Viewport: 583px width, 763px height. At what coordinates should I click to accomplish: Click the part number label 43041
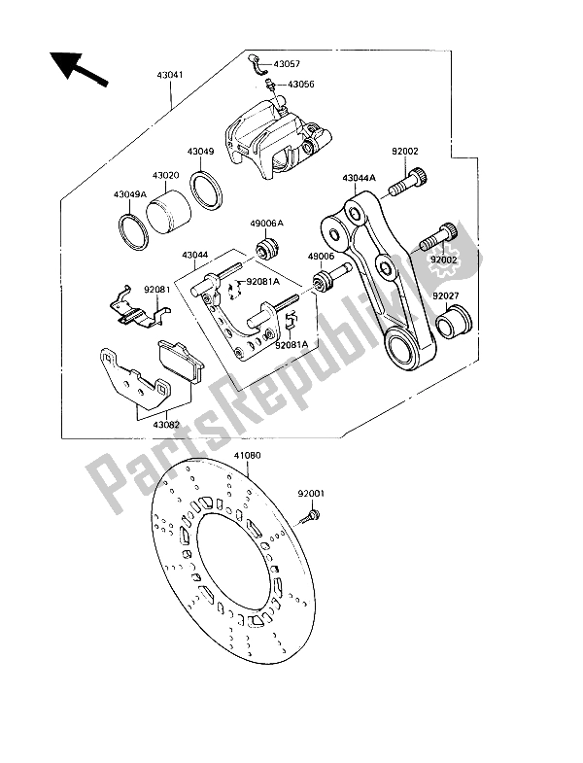pyautogui.click(x=170, y=76)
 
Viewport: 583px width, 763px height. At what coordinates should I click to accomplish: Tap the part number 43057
pyautogui.click(x=287, y=64)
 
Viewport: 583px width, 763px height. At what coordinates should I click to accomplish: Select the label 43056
pyautogui.click(x=301, y=85)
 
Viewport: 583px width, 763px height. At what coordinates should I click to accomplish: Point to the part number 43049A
pyautogui.click(x=130, y=194)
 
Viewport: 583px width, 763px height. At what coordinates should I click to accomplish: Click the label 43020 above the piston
pyautogui.click(x=165, y=175)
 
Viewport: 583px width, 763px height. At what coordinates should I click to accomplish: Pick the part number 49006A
pyautogui.click(x=266, y=223)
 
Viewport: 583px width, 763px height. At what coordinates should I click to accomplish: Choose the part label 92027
pyautogui.click(x=446, y=295)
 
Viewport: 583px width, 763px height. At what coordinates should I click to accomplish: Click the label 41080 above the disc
pyautogui.click(x=247, y=456)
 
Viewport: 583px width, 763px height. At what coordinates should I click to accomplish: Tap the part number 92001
pyautogui.click(x=311, y=494)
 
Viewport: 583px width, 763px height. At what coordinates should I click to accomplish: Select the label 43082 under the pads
pyautogui.click(x=166, y=425)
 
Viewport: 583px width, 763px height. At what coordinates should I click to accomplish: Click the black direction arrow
pyautogui.click(x=78, y=69)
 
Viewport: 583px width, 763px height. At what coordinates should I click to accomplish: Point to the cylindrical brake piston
pyautogui.click(x=168, y=215)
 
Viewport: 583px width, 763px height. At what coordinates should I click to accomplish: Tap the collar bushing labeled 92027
pyautogui.click(x=454, y=321)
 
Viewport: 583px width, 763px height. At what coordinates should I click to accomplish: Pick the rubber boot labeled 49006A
pyautogui.click(x=266, y=248)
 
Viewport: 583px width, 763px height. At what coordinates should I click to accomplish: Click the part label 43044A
pyautogui.click(x=359, y=178)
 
